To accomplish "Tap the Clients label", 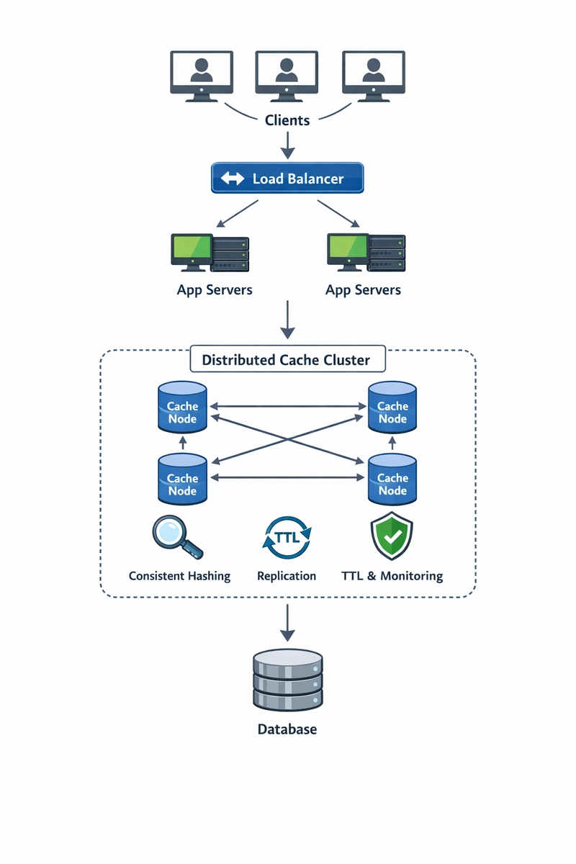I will pyautogui.click(x=287, y=120).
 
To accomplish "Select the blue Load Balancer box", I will pyautogui.click(x=287, y=178).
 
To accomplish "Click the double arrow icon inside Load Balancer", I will pyautogui.click(x=233, y=179).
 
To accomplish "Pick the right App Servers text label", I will pyautogui.click(x=363, y=290).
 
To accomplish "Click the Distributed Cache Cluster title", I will pyautogui.click(x=287, y=360).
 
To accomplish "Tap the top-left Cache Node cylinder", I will pyautogui.click(x=182, y=408).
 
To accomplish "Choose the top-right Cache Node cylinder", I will pyautogui.click(x=392, y=408).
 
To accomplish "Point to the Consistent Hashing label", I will pyautogui.click(x=179, y=576).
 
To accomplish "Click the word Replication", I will pyautogui.click(x=287, y=576).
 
